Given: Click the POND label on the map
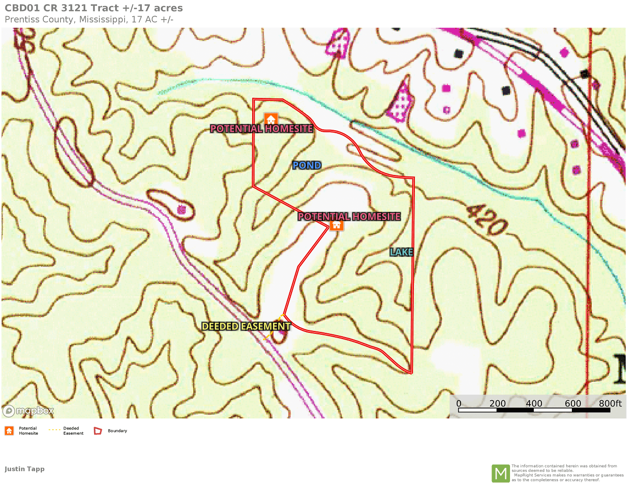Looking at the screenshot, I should (307, 165).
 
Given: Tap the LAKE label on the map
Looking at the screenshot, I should (402, 252).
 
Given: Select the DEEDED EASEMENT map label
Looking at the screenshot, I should (246, 326).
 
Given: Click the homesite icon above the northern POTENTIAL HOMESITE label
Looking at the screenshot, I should (271, 119).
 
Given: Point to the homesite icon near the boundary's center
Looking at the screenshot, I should (337, 225).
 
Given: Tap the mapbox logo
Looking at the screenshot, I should (29, 410).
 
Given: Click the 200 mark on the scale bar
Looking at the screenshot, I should (497, 403).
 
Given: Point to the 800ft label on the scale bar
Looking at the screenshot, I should (610, 403).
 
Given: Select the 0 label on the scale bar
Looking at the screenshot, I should (459, 403).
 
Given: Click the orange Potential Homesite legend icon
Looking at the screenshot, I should (9, 431).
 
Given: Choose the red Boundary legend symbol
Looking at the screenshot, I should (98, 431).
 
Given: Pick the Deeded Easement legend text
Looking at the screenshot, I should (73, 431).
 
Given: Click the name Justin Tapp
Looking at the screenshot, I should (25, 469).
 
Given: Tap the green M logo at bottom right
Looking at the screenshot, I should (500, 473).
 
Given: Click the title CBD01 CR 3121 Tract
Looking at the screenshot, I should (94, 8).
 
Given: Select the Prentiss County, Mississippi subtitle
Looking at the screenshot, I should (89, 19).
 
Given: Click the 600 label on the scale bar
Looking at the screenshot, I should (573, 403).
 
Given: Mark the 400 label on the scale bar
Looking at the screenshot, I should (534, 403).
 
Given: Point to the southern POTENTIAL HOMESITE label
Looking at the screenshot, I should (349, 216).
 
